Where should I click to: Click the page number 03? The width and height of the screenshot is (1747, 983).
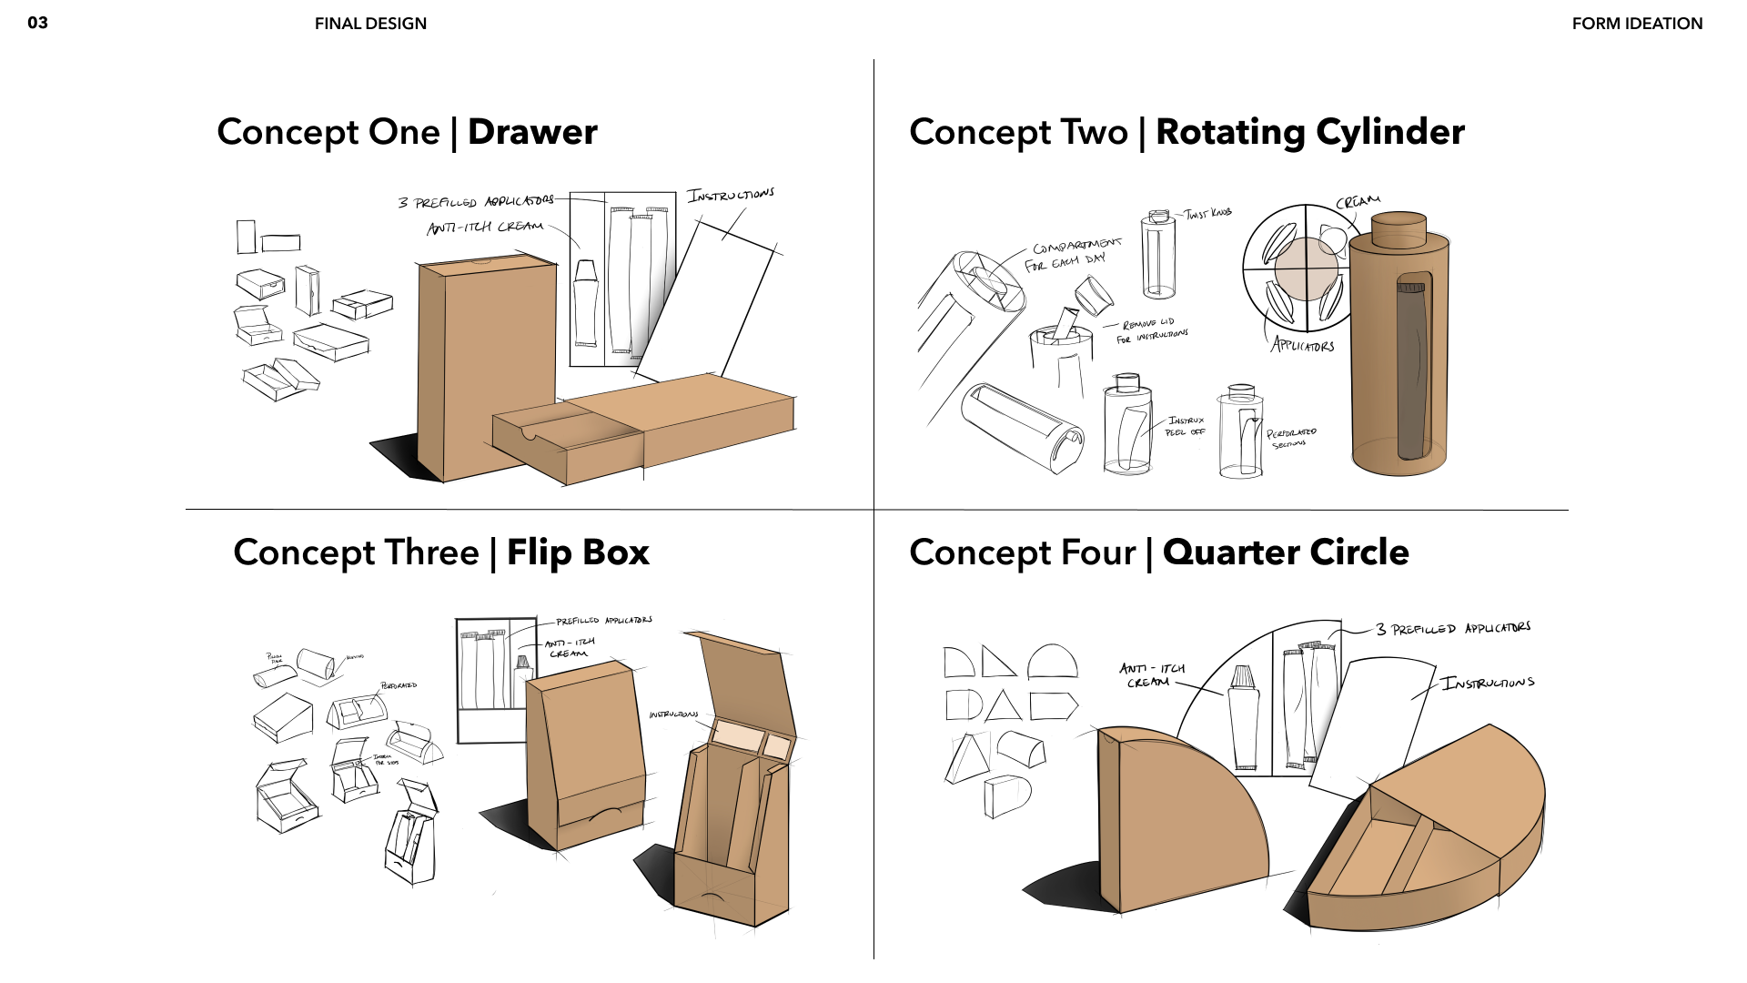point(37,23)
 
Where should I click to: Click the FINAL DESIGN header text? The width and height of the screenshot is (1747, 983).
point(370,24)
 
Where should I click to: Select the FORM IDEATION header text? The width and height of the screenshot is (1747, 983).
point(1637,24)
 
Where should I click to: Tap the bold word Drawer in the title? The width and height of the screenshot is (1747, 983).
point(532,132)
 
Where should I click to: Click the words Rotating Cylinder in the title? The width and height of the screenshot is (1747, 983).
point(1309,132)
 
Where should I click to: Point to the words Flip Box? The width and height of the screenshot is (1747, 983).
point(578,552)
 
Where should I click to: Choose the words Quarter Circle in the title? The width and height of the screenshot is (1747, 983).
point(1286,552)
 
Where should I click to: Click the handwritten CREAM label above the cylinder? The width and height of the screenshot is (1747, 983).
point(1358,201)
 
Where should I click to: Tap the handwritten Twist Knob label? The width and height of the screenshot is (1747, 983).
point(1207,214)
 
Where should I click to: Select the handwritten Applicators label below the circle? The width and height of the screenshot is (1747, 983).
point(1303,345)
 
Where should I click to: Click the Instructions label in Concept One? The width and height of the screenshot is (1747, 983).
point(731,195)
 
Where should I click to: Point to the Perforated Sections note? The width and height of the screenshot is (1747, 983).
point(1291,438)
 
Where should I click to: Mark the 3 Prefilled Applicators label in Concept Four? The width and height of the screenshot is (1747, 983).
point(1453,629)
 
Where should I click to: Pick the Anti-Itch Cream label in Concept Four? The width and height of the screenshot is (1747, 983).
point(1151,675)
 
